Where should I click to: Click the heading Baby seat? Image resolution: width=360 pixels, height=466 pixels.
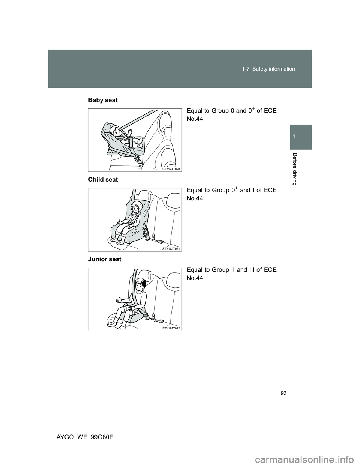click(103, 100)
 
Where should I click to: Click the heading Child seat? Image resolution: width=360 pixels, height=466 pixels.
click(103, 180)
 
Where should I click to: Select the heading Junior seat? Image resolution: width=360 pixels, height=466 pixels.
click(105, 259)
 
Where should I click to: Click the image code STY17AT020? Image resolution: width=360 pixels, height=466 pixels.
click(171, 169)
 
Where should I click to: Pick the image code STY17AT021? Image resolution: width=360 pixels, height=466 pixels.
click(171, 249)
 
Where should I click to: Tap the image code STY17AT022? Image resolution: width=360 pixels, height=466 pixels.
click(171, 328)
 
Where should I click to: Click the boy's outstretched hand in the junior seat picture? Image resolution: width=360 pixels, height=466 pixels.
click(119, 300)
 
